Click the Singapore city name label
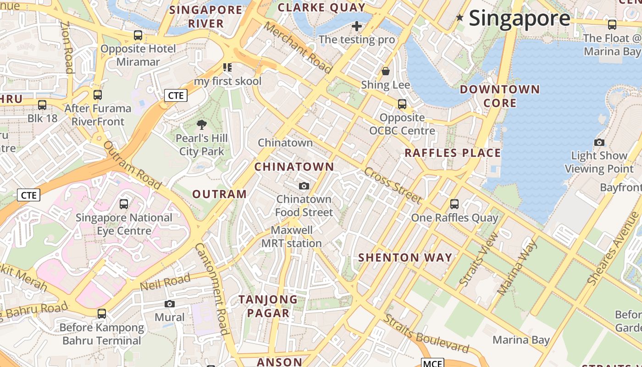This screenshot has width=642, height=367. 520,18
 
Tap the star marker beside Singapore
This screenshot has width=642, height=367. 459,18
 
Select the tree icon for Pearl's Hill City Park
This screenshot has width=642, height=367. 201,124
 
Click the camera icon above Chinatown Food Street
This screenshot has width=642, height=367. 304,186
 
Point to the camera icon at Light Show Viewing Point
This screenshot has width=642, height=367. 599,142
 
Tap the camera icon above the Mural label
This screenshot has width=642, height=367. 170,304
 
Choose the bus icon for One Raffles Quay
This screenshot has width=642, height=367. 454,204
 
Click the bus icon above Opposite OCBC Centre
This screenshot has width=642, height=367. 402,104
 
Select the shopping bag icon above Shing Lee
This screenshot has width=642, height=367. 386,71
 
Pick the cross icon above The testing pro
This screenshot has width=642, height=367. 356,26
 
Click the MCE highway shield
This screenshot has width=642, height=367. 432,363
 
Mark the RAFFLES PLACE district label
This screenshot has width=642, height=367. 452,153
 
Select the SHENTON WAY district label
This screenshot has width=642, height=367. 405,257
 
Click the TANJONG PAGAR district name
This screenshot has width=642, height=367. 268,306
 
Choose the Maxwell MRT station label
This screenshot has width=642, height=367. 292,236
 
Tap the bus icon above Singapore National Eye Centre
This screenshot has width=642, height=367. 123,204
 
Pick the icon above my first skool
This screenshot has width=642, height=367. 227,67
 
